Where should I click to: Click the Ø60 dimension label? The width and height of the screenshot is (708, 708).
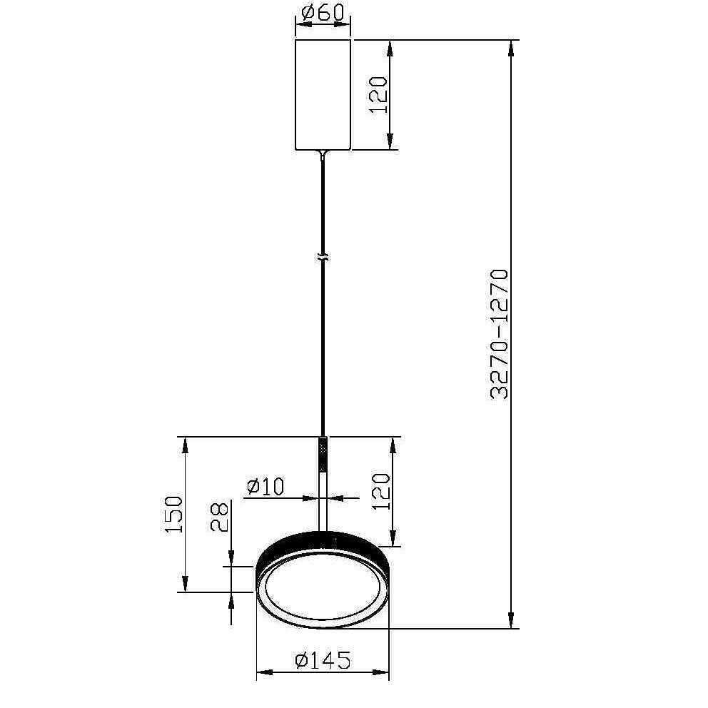(323, 12)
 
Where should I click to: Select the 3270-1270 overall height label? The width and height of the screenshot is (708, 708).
(500, 335)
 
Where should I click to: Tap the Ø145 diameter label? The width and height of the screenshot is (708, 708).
(323, 661)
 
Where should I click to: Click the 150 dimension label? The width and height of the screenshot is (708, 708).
(174, 515)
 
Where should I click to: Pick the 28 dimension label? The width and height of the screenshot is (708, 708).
(221, 518)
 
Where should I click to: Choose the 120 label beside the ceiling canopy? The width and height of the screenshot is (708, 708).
(378, 95)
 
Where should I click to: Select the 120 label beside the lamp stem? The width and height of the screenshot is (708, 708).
(380, 491)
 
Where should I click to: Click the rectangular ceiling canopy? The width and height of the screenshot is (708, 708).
(323, 95)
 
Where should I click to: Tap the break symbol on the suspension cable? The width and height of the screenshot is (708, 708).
(323, 258)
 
